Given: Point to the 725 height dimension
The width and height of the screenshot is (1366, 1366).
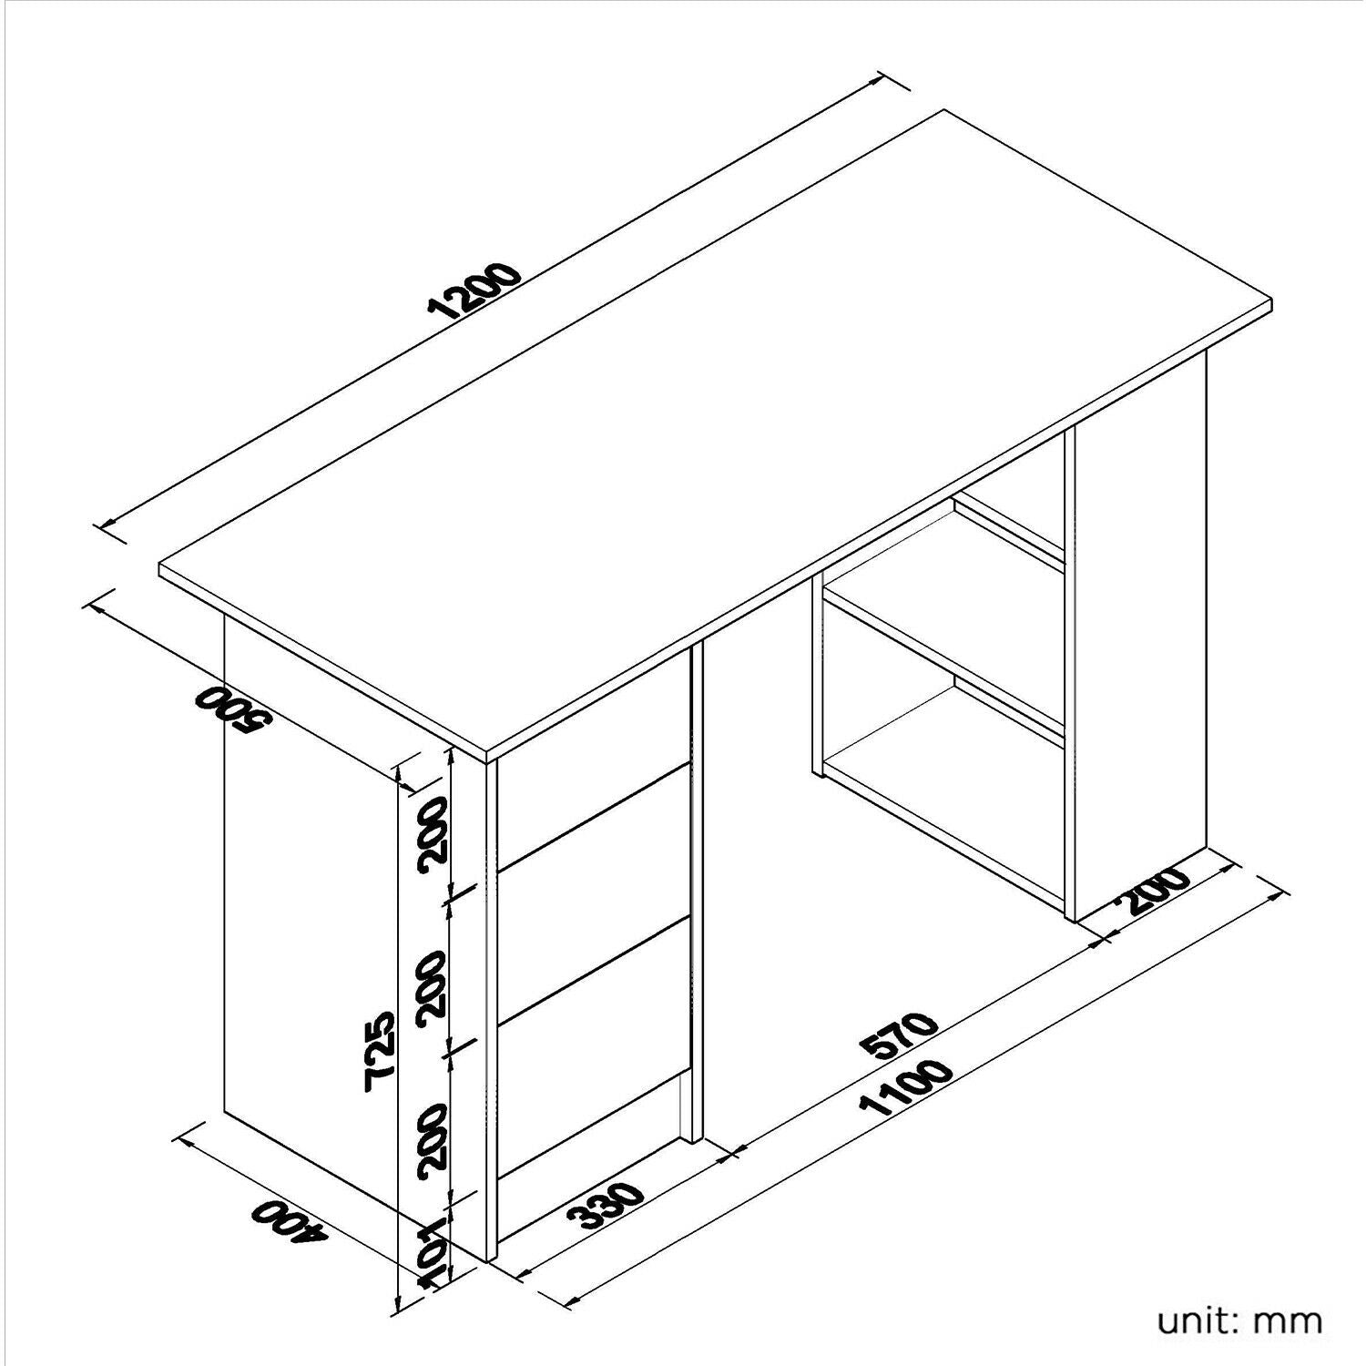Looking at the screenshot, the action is pyautogui.click(x=379, y=1049).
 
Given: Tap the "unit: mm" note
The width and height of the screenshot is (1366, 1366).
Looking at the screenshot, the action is pyautogui.click(x=1239, y=1320).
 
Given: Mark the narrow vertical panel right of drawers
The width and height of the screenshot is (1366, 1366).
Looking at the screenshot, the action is pyautogui.click(x=697, y=892).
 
